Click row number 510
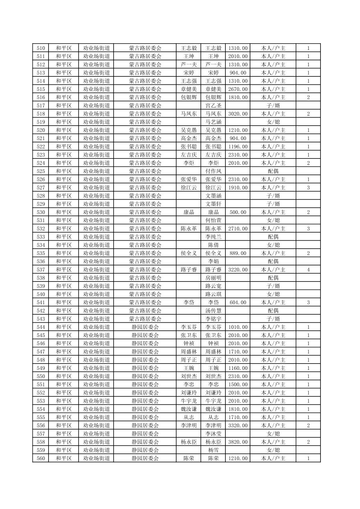(41, 48)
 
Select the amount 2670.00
(238, 89)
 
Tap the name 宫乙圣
(213, 106)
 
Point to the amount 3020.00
(238, 114)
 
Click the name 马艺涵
(213, 122)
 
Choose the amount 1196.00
(238, 147)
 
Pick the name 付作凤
(213, 171)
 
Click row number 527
(41, 188)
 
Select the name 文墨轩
(213, 204)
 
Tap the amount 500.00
(238, 212)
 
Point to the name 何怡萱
(213, 220)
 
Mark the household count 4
(308, 270)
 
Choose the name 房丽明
(213, 278)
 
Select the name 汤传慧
(213, 311)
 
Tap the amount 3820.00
(238, 442)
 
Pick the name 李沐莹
(213, 434)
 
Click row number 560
(41, 458)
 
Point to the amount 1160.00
(238, 368)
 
